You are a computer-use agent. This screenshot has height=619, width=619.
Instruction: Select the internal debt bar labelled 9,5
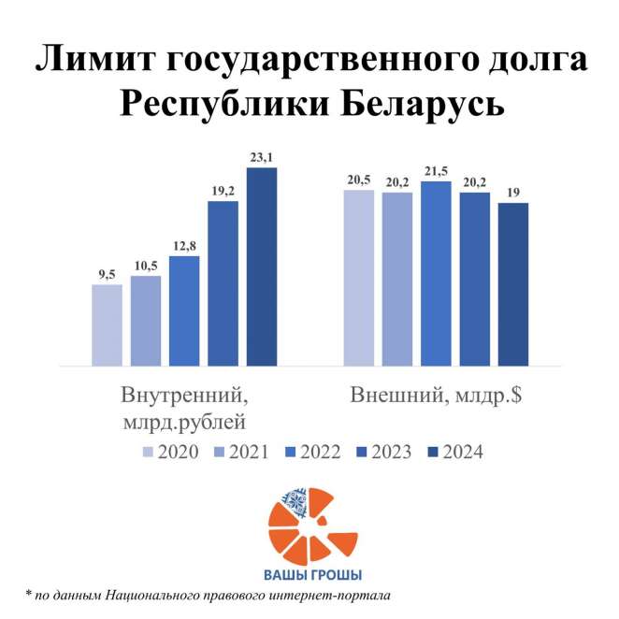point(107,324)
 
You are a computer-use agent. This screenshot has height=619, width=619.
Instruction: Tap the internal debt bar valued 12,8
point(184,309)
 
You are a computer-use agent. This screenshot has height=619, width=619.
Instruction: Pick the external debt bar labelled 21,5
point(436,273)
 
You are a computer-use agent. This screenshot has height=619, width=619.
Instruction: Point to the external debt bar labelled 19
point(513,283)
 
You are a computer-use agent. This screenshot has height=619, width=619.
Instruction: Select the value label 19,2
point(223,191)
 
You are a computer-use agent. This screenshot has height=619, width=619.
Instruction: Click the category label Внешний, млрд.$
point(435,395)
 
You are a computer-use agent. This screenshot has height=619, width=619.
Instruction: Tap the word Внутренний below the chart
point(184,395)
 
